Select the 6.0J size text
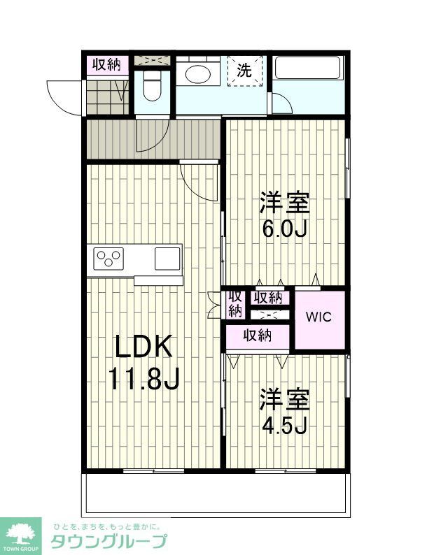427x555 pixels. pyautogui.click(x=284, y=228)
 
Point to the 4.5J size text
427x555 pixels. pyautogui.click(x=284, y=424)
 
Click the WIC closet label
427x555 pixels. pyautogui.click(x=320, y=316)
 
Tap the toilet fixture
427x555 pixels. pyautogui.click(x=152, y=89)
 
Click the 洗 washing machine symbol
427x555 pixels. pyautogui.click(x=244, y=71)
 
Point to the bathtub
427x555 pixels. pyautogui.click(x=307, y=69)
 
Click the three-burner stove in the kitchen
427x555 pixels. pyautogui.click(x=108, y=259)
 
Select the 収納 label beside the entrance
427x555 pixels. pyautogui.click(x=107, y=65)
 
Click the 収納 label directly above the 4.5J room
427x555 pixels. pyautogui.click(x=257, y=336)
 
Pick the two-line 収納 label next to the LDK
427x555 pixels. pyautogui.click(x=234, y=303)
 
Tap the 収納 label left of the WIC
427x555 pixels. pyautogui.click(x=268, y=297)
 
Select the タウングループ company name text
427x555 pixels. pyautogui.click(x=108, y=540)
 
